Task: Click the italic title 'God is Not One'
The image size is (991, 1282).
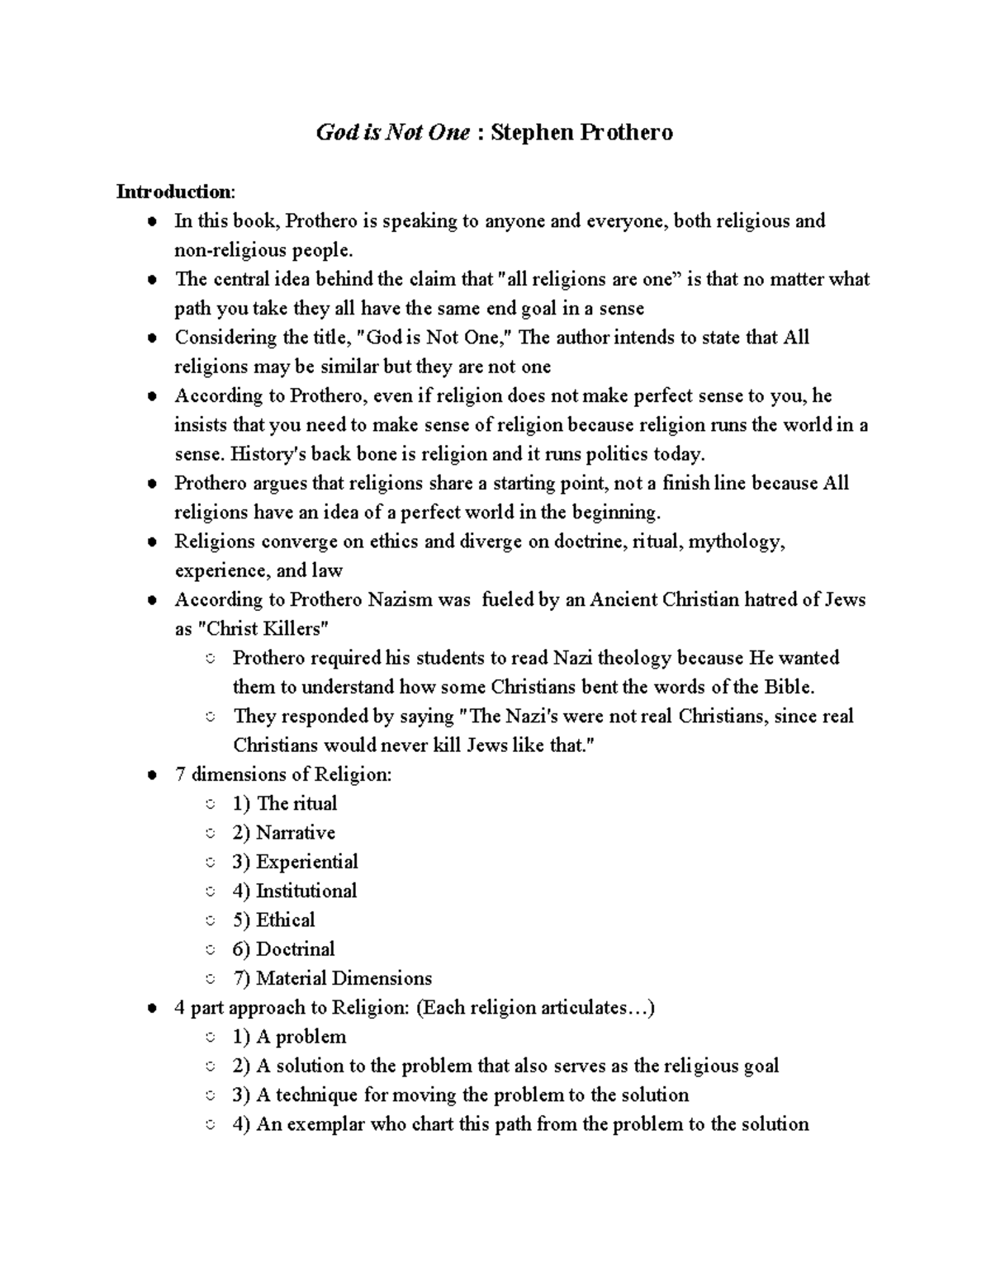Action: point(393,132)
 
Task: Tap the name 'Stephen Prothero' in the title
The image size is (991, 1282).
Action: point(581,132)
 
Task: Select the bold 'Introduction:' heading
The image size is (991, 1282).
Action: point(175,192)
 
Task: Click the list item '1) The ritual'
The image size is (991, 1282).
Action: point(285,804)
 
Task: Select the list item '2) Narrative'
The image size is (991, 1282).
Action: point(283,833)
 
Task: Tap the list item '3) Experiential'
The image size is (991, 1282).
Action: point(295,862)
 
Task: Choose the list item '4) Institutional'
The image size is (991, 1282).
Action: point(295,892)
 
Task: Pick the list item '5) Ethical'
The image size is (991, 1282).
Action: point(273,920)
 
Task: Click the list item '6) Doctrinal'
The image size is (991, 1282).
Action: point(283,949)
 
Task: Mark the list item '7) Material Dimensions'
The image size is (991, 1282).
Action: point(332,979)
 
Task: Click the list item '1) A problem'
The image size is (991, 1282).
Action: point(289,1037)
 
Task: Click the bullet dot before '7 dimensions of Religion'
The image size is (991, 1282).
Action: point(152,776)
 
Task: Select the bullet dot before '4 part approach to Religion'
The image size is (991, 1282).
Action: point(152,1009)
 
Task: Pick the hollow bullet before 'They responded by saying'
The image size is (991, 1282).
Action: point(211,717)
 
